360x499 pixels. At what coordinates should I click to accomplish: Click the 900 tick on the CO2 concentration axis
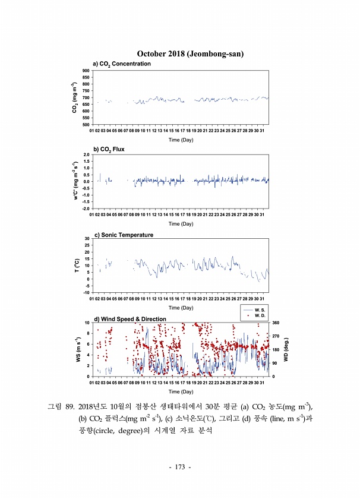tap(86, 71)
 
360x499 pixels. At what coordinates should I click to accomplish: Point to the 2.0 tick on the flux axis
tap(86, 154)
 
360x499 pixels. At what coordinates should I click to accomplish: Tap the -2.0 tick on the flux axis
tap(85, 209)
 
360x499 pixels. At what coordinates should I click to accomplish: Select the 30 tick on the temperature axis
tap(87, 238)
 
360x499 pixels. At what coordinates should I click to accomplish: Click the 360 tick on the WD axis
tap(275, 323)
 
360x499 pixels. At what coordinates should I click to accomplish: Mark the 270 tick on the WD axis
tap(275, 336)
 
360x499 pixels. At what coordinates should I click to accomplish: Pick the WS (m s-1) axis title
tap(78, 349)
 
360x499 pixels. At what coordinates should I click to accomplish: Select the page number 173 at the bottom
tap(179, 468)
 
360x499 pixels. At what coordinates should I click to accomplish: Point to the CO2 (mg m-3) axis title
tap(75, 97)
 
